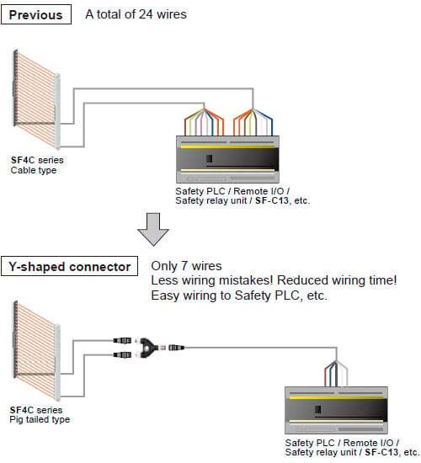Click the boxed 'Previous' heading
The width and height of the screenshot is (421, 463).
click(36, 15)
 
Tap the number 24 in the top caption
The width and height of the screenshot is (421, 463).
click(146, 14)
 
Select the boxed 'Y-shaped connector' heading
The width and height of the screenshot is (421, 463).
click(69, 266)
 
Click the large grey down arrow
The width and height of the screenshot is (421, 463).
click(153, 229)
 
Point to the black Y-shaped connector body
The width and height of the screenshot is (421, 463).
click(147, 348)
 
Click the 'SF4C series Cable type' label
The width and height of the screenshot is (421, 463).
click(37, 165)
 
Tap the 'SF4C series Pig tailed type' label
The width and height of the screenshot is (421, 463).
click(40, 414)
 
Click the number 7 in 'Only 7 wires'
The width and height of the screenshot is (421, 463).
click(185, 266)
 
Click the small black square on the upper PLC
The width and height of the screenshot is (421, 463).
click(209, 158)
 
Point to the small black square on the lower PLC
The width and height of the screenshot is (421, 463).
click(318, 409)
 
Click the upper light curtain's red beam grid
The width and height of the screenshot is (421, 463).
click(35, 99)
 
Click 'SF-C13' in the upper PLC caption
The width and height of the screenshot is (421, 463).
click(271, 201)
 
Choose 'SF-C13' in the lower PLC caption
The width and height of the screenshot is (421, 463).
click(381, 452)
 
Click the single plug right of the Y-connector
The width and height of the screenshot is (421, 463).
click(176, 348)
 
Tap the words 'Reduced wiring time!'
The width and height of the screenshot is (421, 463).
click(337, 280)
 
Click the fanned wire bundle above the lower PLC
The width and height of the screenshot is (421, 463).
click(336, 374)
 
